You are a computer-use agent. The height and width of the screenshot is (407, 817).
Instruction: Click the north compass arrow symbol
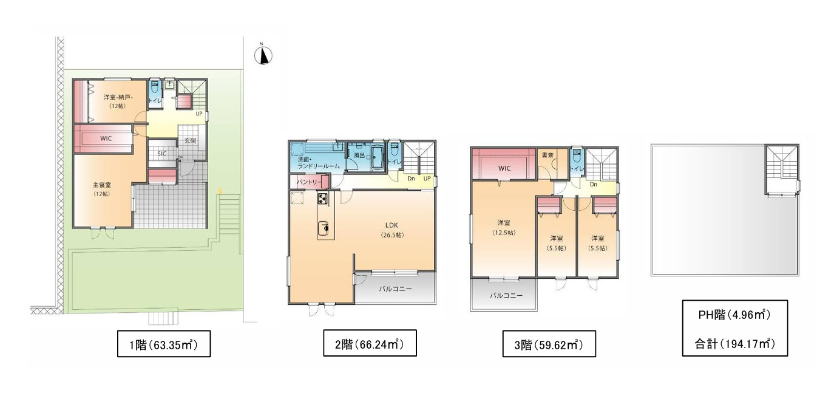tap(263, 56)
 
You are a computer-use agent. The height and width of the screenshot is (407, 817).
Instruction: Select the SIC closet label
tap(162, 154)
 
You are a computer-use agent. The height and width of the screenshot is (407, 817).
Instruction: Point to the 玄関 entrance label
tap(190, 140)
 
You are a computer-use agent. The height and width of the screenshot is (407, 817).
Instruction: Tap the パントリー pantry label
tap(310, 181)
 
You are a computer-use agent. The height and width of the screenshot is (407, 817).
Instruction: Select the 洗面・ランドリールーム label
tap(314, 162)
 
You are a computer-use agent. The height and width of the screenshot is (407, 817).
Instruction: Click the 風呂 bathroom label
tap(359, 156)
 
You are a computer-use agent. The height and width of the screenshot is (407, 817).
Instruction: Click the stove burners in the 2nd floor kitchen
tap(322, 199)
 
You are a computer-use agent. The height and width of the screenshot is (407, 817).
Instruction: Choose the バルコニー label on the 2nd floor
tap(395, 289)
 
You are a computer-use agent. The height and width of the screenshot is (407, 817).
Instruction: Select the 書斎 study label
tap(547, 156)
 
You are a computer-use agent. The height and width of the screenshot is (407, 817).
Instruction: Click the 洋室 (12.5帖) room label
tap(503, 227)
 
